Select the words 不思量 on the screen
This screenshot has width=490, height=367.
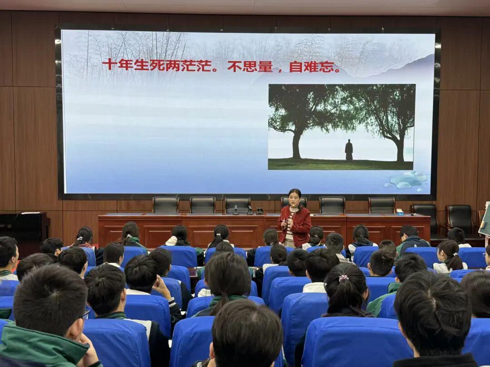[250, 66]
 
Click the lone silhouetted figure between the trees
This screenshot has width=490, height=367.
[349, 150]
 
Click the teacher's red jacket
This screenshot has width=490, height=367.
[294, 225]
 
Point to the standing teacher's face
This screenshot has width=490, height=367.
[294, 199]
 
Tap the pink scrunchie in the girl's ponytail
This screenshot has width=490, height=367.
[343, 277]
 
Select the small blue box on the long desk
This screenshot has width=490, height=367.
[400, 212]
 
